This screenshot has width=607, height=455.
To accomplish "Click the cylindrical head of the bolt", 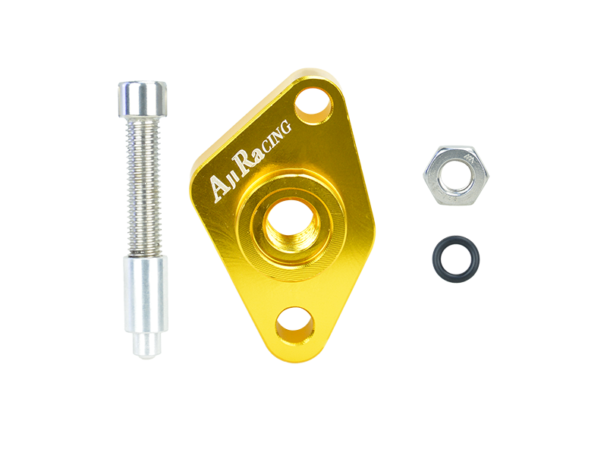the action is click(143, 99).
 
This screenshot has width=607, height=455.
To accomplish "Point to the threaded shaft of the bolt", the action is click(143, 186).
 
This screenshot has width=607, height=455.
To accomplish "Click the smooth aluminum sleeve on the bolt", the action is click(146, 294).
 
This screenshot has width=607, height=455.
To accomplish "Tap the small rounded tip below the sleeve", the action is click(146, 345).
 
